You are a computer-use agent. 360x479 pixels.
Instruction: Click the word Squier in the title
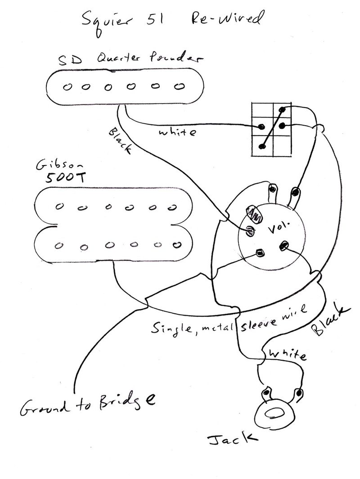pos(105,20)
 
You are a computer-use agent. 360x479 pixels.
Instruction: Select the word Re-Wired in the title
pos(225,19)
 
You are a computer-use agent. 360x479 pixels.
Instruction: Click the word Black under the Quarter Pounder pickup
pos(120,141)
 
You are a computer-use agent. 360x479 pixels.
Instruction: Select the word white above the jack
pos(287,355)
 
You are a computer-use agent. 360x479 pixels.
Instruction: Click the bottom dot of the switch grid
pos(261,145)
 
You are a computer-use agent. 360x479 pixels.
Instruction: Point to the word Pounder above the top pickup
pos(178,59)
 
